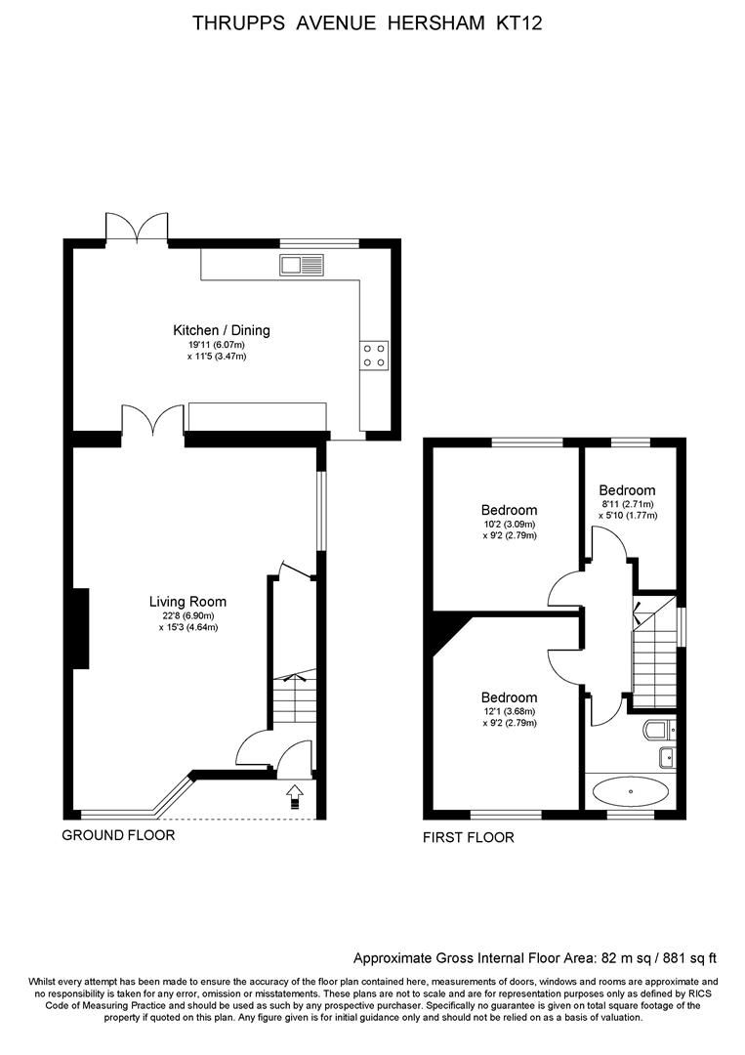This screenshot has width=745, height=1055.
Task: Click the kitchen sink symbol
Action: pos(301,263)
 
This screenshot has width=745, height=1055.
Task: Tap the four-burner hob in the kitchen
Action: pos(373,355)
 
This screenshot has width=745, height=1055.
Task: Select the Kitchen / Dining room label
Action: pos(222,330)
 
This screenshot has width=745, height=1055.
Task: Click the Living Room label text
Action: pos(187,602)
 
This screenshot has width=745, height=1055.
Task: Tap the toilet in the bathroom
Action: pos(660,729)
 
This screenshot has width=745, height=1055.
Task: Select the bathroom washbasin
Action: pos(669,755)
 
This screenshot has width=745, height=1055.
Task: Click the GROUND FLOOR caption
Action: pos(118,835)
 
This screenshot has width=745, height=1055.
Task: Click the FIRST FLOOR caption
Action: pos(468,837)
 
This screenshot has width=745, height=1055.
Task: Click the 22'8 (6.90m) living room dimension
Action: pos(187,615)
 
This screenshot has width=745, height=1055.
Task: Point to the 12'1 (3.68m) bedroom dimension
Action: pos(509,711)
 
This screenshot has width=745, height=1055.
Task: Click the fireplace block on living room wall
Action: pos(77,629)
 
